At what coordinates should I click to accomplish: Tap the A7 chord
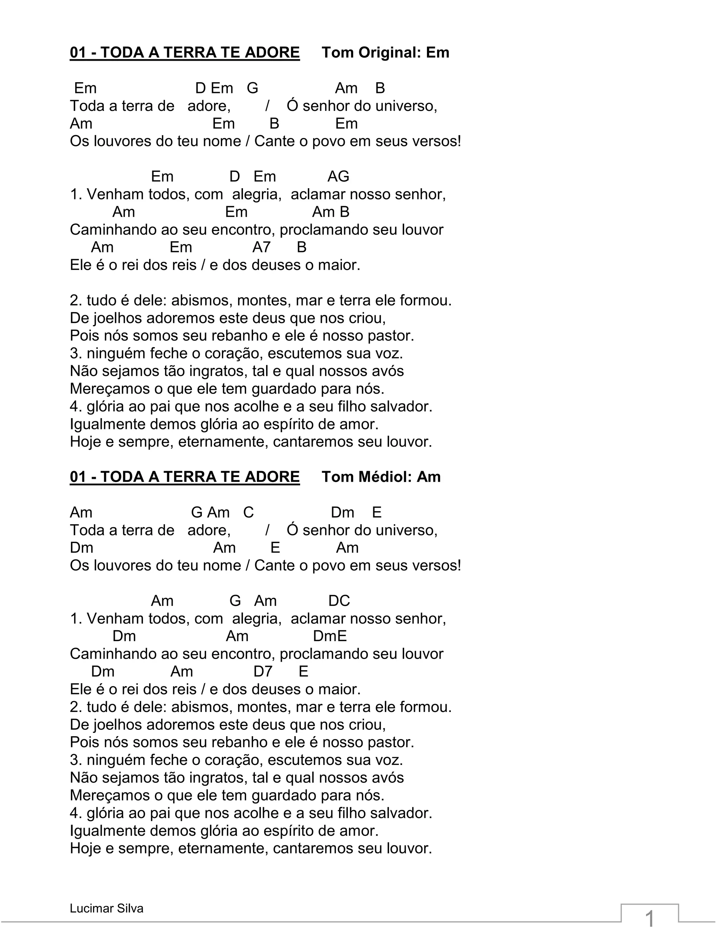pos(262,247)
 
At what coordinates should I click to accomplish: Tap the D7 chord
pos(263,671)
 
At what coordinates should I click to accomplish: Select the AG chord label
pos(338,176)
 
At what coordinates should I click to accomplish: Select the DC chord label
pos(339,601)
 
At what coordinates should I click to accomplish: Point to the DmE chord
pos(330,636)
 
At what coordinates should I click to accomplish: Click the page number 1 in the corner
pos(649,919)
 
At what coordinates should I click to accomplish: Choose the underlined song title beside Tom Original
pos(185,53)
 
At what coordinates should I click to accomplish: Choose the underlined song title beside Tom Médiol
pos(185,477)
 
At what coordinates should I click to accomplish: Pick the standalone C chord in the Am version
pos(248,512)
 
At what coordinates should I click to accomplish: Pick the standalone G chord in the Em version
pos(252,88)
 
